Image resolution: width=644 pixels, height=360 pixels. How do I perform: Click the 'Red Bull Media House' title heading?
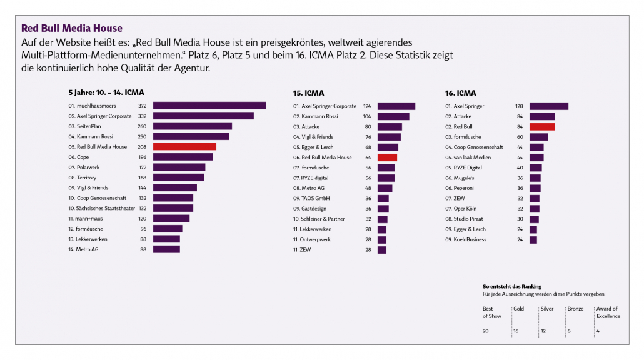pos(72,28)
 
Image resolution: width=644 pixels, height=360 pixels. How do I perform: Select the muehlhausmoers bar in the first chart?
pos(209,106)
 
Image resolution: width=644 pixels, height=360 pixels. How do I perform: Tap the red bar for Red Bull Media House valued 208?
pos(184,147)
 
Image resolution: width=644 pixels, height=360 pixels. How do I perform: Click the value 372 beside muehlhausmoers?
pos(143,106)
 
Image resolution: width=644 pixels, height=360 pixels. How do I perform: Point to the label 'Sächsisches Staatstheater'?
pos(102,208)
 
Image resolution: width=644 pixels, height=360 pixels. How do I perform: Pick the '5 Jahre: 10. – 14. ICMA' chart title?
pos(106,92)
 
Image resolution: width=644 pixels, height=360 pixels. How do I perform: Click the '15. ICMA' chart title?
pos(309,92)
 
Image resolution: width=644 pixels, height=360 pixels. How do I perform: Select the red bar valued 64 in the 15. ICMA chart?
pos(387,157)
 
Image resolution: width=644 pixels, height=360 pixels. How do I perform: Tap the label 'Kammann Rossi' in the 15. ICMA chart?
pos(320,116)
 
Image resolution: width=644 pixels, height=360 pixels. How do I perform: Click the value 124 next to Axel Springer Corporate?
pos(367,106)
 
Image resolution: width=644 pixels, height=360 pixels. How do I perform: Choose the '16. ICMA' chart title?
pos(461,92)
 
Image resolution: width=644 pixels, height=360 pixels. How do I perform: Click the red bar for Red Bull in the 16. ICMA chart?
pos(542,127)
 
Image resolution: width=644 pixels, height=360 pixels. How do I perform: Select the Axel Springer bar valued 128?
pos(549,106)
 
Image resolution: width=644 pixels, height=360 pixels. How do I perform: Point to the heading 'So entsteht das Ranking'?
pos(512,286)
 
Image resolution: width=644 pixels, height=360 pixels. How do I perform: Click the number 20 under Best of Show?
pos(486,331)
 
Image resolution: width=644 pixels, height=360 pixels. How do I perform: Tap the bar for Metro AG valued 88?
pos(166,249)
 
